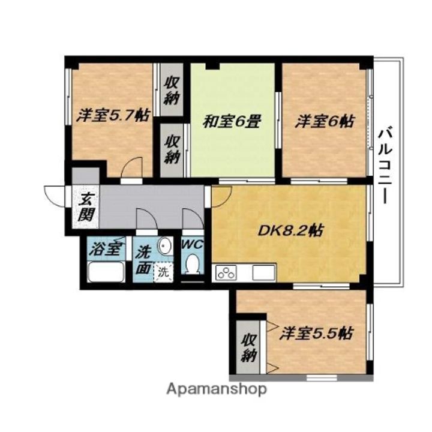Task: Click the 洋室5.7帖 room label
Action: pos(113,115)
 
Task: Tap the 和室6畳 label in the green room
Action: pos(232,121)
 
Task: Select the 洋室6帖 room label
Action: pos(325,121)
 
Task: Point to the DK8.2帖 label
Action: pos(290,230)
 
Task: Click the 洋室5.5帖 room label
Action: pos(316,334)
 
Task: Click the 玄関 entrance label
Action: pos(86,207)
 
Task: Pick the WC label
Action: pos(193,244)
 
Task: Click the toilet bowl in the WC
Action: pos(193,263)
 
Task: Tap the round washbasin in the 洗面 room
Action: pos(164,244)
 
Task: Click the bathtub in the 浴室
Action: pos(106,272)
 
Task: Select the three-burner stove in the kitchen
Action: pos(226,272)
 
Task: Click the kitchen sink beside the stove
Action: pos(263,272)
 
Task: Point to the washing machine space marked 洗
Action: pos(164,272)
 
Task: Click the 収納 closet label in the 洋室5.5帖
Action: pos(249,348)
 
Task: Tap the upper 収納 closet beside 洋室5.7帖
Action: pos(172,90)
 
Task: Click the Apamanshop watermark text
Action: pos(217,389)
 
